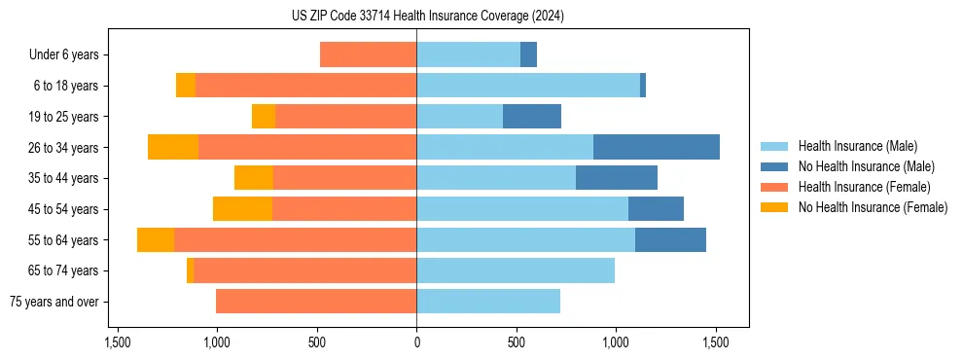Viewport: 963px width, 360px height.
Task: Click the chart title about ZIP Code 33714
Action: click(427, 17)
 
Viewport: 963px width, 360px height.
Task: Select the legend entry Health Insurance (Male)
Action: click(857, 147)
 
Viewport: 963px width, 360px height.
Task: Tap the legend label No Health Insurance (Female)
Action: click(872, 207)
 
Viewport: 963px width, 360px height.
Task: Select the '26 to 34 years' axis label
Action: click(63, 148)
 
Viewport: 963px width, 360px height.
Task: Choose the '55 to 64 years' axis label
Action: click(63, 240)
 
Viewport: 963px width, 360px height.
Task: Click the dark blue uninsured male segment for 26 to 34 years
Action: click(657, 148)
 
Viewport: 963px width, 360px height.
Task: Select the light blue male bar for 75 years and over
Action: click(488, 302)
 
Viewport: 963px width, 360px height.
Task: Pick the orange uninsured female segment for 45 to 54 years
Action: click(242, 209)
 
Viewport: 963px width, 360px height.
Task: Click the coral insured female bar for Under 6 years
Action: click(369, 55)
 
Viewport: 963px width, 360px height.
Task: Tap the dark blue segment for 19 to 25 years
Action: click(532, 117)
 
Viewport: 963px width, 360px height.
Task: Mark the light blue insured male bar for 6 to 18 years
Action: click(528, 86)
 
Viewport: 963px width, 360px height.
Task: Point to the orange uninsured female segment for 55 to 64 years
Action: click(156, 240)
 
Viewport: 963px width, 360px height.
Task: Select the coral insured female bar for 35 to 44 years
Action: click(345, 178)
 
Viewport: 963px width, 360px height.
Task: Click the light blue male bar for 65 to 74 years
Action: click(516, 270)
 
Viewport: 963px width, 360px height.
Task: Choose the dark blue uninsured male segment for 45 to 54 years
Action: click(656, 209)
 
